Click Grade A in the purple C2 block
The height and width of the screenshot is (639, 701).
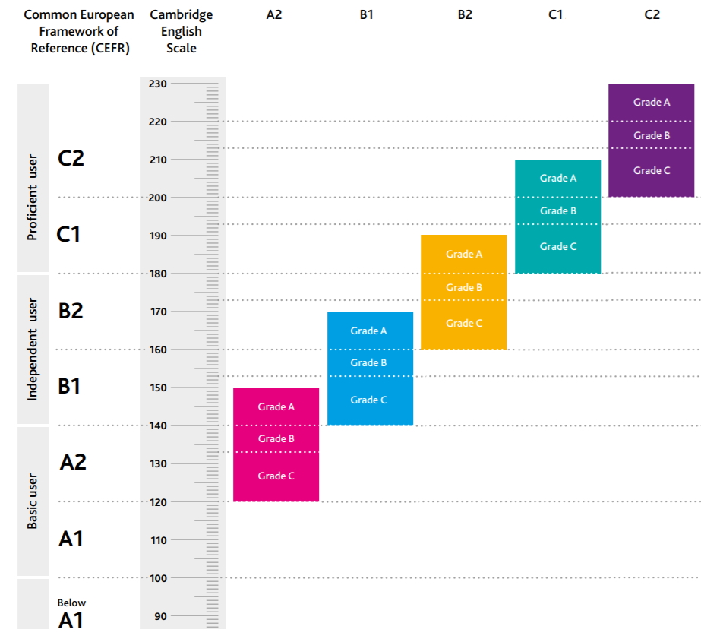tap(652, 102)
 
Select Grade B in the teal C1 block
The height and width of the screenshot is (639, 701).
tap(558, 210)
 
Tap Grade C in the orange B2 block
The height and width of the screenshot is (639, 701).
tap(464, 323)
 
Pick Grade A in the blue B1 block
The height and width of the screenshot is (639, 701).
tap(369, 331)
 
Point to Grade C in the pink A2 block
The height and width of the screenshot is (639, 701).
tap(276, 476)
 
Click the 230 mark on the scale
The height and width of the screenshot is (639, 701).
tap(157, 84)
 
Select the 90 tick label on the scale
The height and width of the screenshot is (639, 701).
tap(159, 616)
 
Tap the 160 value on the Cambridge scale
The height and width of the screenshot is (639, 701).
tap(157, 350)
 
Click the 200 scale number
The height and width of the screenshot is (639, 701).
tap(157, 198)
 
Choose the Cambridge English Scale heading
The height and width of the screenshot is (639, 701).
tap(182, 31)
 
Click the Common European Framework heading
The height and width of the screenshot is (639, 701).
tap(79, 31)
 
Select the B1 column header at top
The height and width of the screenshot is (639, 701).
tap(367, 14)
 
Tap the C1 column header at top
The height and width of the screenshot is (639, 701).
tap(556, 14)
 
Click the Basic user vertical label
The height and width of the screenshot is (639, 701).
tap(33, 501)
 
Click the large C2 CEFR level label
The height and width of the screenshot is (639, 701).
tap(71, 158)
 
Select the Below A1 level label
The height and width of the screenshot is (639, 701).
tap(71, 613)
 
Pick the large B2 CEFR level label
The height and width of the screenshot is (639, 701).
tap(71, 310)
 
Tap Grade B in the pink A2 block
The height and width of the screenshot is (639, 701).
tap(276, 438)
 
